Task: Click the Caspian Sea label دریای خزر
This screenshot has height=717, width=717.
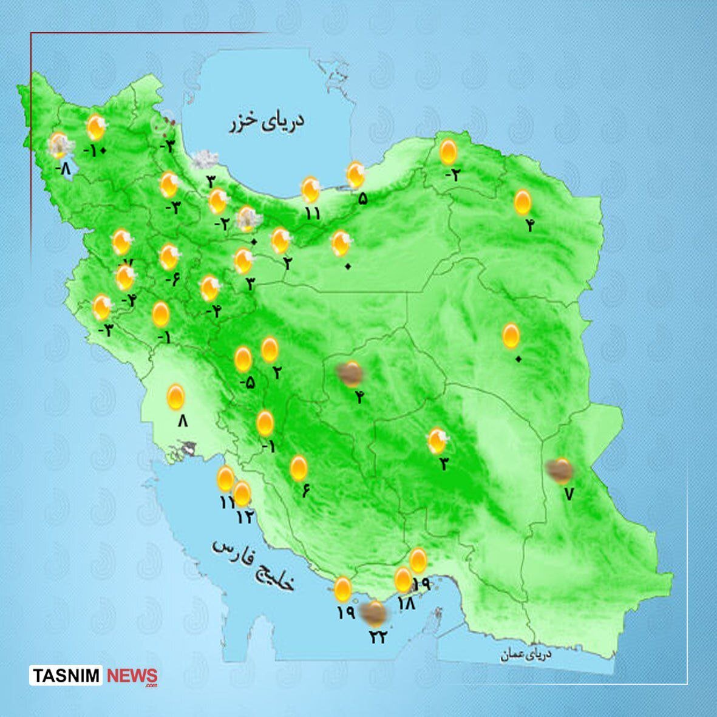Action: [267, 122]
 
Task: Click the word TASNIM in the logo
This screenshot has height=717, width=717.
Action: [67, 676]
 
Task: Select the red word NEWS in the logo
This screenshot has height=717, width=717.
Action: [132, 676]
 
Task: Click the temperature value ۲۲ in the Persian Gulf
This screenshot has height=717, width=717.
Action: [378, 637]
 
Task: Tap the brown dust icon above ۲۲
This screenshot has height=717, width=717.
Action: [375, 614]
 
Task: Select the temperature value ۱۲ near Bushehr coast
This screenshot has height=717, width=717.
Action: [246, 517]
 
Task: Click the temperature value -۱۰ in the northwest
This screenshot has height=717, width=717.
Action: [95, 150]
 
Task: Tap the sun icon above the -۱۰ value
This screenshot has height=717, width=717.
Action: [95, 127]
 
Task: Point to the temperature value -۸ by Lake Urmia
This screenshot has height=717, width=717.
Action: [62, 168]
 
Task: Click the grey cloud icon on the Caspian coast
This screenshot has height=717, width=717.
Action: [205, 160]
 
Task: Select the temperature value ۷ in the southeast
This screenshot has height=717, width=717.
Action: [568, 494]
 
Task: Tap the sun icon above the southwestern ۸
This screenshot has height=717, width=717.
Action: [176, 397]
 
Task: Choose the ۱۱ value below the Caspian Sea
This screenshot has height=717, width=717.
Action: [312, 213]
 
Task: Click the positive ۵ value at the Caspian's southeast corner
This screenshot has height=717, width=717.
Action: [362, 198]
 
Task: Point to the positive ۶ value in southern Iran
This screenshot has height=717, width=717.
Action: [305, 491]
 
